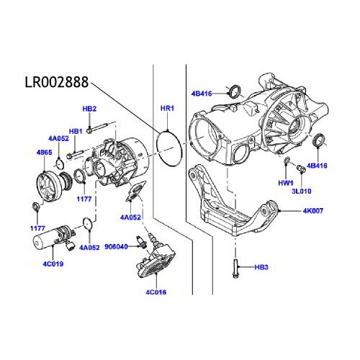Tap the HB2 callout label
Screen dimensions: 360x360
point(89,109)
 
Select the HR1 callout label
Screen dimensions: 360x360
point(167,109)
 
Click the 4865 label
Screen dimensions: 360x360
point(44,153)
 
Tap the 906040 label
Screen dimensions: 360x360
point(116,247)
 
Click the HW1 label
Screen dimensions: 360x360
point(287,184)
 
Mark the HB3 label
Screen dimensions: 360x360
point(261,268)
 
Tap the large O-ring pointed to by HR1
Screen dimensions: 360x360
point(170,148)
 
